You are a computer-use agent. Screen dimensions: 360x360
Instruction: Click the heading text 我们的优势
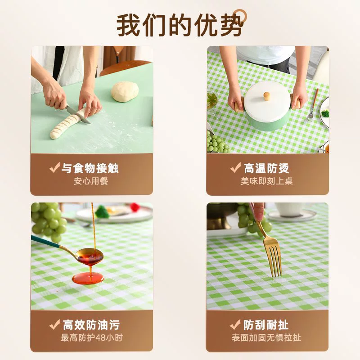pos(180,25)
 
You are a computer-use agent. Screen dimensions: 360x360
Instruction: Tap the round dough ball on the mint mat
pos(125,92)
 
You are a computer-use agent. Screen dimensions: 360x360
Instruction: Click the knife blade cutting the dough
pos(78,116)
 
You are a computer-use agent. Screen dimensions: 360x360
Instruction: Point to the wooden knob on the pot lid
pos(266,96)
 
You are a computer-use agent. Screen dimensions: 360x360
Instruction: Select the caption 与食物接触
pos(90,168)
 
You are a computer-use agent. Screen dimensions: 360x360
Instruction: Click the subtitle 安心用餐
pos(91,181)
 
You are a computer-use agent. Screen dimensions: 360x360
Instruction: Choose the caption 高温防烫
pos(266,168)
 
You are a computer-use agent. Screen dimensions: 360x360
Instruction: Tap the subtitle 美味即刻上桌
pos(266,181)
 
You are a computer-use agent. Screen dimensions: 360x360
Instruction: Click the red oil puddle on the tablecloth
pos(88,278)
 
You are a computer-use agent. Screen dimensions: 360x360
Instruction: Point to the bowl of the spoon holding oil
pos(90,256)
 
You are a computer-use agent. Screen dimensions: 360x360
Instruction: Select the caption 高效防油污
pos(91,325)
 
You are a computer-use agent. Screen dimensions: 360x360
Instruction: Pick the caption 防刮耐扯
pos(266,325)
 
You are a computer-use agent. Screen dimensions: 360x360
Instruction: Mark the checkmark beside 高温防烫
pos(235,167)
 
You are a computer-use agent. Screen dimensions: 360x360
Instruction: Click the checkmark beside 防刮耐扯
pos(235,324)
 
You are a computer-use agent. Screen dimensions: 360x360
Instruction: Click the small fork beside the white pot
pos(313,106)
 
